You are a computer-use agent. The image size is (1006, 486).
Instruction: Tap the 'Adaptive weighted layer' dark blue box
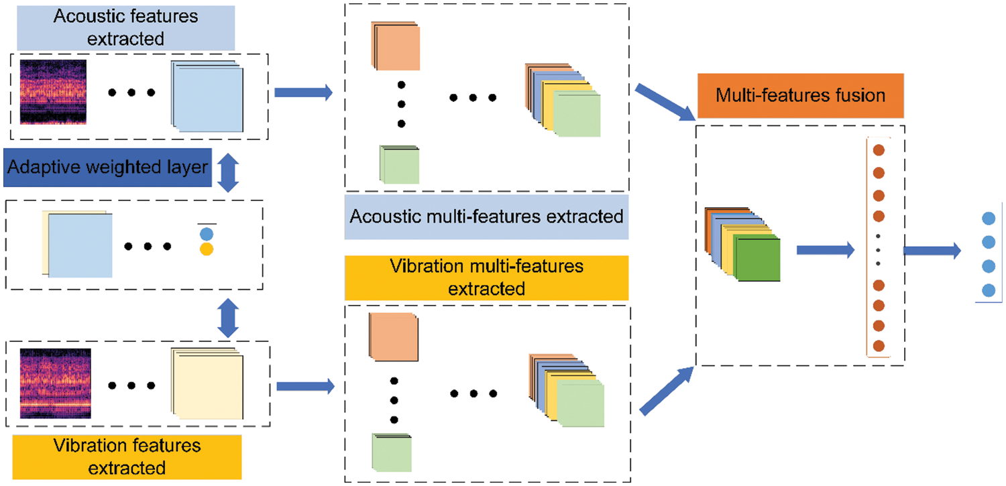click(x=107, y=167)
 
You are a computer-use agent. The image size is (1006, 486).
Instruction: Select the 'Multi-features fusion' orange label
click(x=801, y=95)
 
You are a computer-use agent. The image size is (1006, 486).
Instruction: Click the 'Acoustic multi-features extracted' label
click(x=486, y=217)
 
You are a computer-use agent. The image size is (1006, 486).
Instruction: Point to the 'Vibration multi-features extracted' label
click(x=486, y=278)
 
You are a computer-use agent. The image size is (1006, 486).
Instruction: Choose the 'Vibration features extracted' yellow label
click(x=125, y=456)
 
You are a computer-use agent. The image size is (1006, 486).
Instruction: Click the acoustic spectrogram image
click(x=53, y=92)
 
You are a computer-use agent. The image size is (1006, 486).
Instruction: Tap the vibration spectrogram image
click(x=55, y=383)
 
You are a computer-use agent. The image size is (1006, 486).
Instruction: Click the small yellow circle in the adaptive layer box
click(x=207, y=249)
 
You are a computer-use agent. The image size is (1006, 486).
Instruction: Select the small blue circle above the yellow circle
click(x=207, y=234)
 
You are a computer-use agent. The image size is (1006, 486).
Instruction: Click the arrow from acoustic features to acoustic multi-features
click(x=304, y=93)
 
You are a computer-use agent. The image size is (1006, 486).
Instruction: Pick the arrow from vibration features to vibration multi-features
click(x=305, y=385)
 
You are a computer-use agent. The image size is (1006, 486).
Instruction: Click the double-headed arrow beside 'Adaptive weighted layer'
click(x=229, y=172)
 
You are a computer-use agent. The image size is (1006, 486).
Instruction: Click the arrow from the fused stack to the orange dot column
click(x=825, y=251)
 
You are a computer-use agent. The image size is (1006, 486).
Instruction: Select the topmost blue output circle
click(x=987, y=219)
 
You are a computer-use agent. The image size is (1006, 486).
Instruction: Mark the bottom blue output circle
click(x=987, y=290)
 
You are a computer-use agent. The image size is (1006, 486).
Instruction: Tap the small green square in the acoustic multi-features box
click(x=400, y=165)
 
